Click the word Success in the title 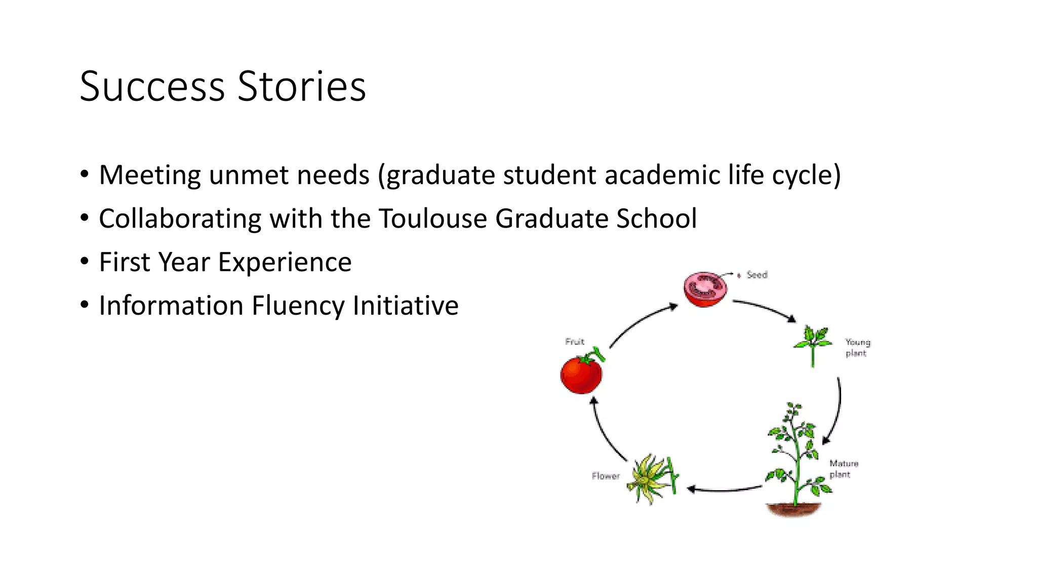point(152,86)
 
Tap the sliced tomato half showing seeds point(705,289)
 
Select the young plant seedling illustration point(812,344)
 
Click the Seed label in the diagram point(756,275)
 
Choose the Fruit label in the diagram point(575,342)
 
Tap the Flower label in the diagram point(606,476)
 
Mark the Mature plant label point(844,469)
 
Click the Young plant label point(857,348)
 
